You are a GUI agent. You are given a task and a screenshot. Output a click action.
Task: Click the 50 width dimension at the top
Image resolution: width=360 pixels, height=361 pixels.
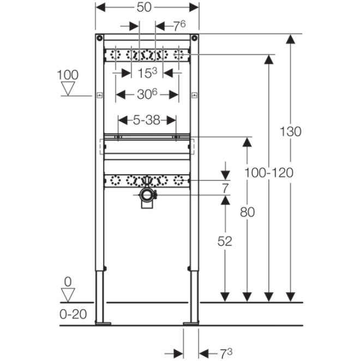click(144, 7)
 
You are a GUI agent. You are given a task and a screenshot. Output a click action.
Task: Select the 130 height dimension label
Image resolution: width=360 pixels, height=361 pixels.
click(290, 132)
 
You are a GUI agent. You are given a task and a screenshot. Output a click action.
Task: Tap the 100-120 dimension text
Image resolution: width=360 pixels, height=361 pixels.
click(269, 173)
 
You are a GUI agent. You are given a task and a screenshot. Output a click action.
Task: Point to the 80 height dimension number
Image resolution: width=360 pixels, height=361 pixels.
click(247, 212)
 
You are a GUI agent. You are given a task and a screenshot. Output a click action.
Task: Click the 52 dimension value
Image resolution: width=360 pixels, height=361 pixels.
click(225, 241)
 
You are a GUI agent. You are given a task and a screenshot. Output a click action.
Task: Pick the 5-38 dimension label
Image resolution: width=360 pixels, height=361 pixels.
click(147, 120)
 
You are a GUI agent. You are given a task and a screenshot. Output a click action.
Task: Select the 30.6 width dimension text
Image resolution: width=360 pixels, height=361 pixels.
click(147, 94)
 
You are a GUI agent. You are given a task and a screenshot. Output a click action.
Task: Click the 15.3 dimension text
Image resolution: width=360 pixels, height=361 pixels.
click(147, 73)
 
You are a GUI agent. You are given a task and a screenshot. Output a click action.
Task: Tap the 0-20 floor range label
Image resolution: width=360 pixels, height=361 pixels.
click(73, 314)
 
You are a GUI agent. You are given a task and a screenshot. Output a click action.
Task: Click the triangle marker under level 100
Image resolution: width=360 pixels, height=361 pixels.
click(68, 88)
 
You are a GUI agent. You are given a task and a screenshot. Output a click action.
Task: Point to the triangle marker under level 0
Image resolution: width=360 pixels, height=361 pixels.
click(68, 295)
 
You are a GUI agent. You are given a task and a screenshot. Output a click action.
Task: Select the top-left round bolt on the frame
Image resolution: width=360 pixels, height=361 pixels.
click(99, 38)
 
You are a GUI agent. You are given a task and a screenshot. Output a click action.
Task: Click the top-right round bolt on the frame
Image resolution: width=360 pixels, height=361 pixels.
click(195, 38)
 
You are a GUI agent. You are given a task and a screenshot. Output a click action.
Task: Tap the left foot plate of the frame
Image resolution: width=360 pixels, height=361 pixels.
click(103, 323)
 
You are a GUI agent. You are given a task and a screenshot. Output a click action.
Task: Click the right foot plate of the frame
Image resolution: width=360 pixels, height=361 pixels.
click(191, 323)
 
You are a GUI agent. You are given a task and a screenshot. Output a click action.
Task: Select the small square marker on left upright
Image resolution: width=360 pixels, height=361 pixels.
click(99, 96)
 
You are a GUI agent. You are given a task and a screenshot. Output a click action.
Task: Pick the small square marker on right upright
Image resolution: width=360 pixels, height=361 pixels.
click(195, 96)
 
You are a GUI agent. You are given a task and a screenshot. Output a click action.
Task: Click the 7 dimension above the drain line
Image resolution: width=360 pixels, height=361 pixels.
click(225, 188)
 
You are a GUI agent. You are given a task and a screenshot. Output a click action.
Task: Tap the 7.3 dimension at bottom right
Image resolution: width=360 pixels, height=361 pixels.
click(226, 353)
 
